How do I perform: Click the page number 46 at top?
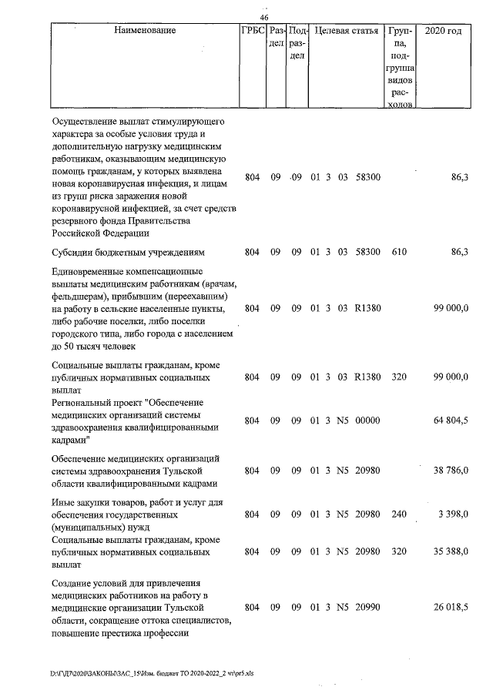coord(264,18)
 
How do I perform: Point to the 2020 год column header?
coord(448,32)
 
